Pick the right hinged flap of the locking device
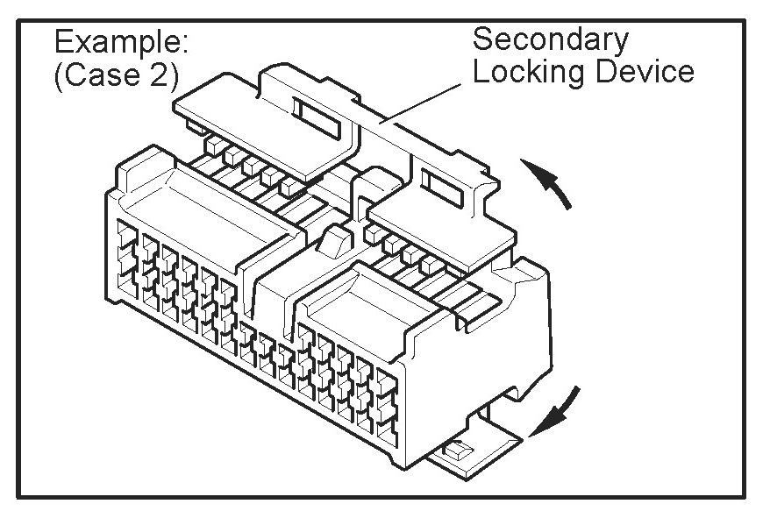tap(439, 218)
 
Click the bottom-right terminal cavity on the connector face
tap(387, 429)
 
